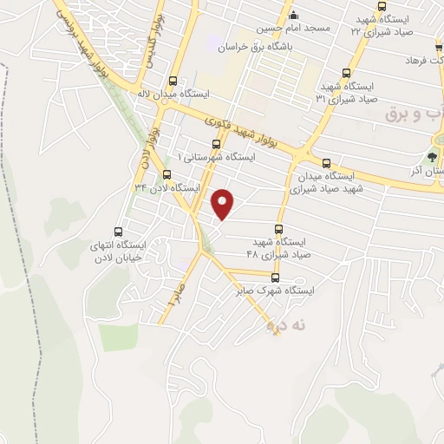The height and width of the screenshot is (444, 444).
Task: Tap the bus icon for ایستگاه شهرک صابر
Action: (276, 277)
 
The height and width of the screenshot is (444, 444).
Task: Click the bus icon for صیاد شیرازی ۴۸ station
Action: (277, 228)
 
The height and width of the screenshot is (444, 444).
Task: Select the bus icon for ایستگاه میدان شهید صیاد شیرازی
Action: (326, 162)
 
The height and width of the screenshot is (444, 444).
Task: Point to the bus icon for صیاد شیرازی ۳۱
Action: (347, 73)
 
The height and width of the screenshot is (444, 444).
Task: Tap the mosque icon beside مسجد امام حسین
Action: (293, 13)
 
